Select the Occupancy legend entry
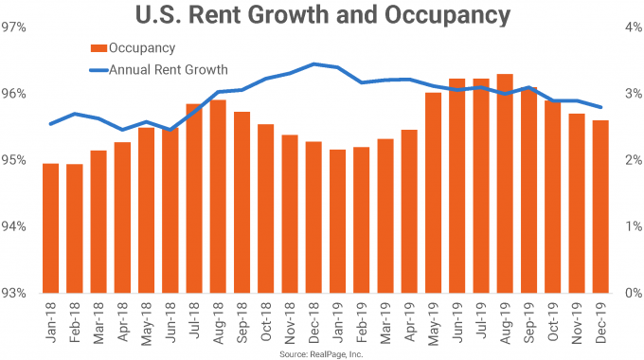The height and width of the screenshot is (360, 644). coord(141,47)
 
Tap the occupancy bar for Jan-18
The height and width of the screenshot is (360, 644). coord(51,228)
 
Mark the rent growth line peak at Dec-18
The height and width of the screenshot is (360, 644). coord(313,64)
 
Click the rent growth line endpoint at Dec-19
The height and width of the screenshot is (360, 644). coord(601,107)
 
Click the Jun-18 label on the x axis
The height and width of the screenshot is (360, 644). coord(170,320)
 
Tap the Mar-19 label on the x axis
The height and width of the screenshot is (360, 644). coord(385,320)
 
